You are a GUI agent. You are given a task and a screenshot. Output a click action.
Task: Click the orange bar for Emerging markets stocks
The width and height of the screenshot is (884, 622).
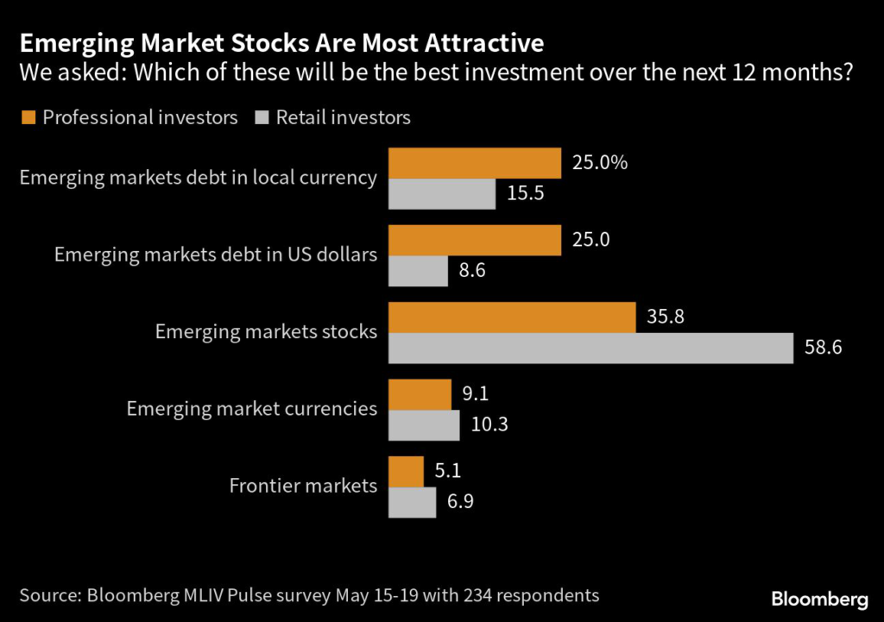[x=512, y=317]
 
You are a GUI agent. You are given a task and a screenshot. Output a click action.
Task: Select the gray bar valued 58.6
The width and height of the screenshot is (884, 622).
[x=590, y=348]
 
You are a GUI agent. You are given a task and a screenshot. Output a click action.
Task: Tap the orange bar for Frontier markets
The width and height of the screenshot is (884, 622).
[x=406, y=471]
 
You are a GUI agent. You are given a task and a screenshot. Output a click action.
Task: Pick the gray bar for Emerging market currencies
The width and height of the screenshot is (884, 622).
[x=424, y=425]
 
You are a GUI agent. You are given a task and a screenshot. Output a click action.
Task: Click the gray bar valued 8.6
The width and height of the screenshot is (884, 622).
[x=418, y=271]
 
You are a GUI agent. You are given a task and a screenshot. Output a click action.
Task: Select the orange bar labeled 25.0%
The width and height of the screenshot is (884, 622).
[x=475, y=163]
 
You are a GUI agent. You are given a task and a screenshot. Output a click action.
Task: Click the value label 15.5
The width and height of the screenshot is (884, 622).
[x=525, y=194]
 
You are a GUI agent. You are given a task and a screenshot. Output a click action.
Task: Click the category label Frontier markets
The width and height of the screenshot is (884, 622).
[x=303, y=486]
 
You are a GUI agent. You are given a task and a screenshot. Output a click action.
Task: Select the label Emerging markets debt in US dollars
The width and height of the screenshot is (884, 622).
[x=216, y=255]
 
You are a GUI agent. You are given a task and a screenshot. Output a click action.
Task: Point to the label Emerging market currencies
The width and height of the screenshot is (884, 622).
[x=252, y=409]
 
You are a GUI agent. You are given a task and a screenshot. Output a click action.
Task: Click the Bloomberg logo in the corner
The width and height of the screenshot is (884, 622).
[x=819, y=598]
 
